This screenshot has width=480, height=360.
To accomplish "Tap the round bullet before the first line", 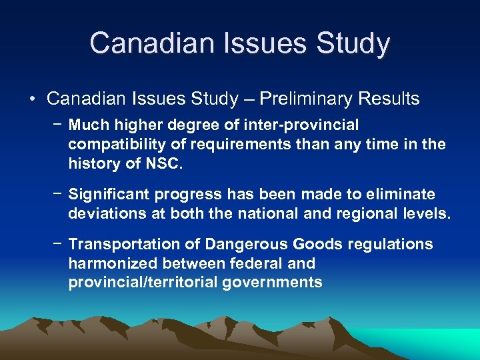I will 32,99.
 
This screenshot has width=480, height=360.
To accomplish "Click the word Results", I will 388,99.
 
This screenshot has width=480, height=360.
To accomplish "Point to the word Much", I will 87,125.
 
